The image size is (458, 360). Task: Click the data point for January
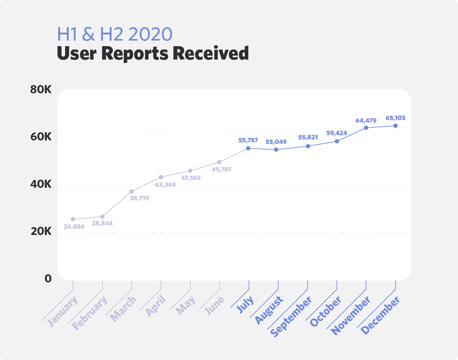click(x=73, y=219)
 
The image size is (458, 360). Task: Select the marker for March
click(x=132, y=191)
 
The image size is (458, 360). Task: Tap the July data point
click(x=248, y=148)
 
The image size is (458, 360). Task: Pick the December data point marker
click(x=395, y=126)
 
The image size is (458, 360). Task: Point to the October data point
click(x=337, y=141)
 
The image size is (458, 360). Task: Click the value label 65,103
click(x=395, y=118)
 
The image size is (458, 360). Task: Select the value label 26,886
click(x=74, y=226)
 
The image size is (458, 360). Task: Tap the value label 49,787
click(x=221, y=169)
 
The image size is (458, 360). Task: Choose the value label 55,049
click(x=276, y=142)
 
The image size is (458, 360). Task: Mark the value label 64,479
click(x=366, y=120)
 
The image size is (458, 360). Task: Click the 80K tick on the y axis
click(x=41, y=90)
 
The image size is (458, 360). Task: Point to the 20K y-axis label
click(x=41, y=232)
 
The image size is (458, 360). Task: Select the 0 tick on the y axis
click(x=48, y=279)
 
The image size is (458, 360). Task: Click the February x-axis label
click(x=89, y=313)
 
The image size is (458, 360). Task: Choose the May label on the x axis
click(x=185, y=305)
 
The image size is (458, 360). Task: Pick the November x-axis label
click(x=351, y=315)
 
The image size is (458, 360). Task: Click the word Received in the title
click(x=211, y=53)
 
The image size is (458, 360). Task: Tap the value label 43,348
click(x=165, y=185)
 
